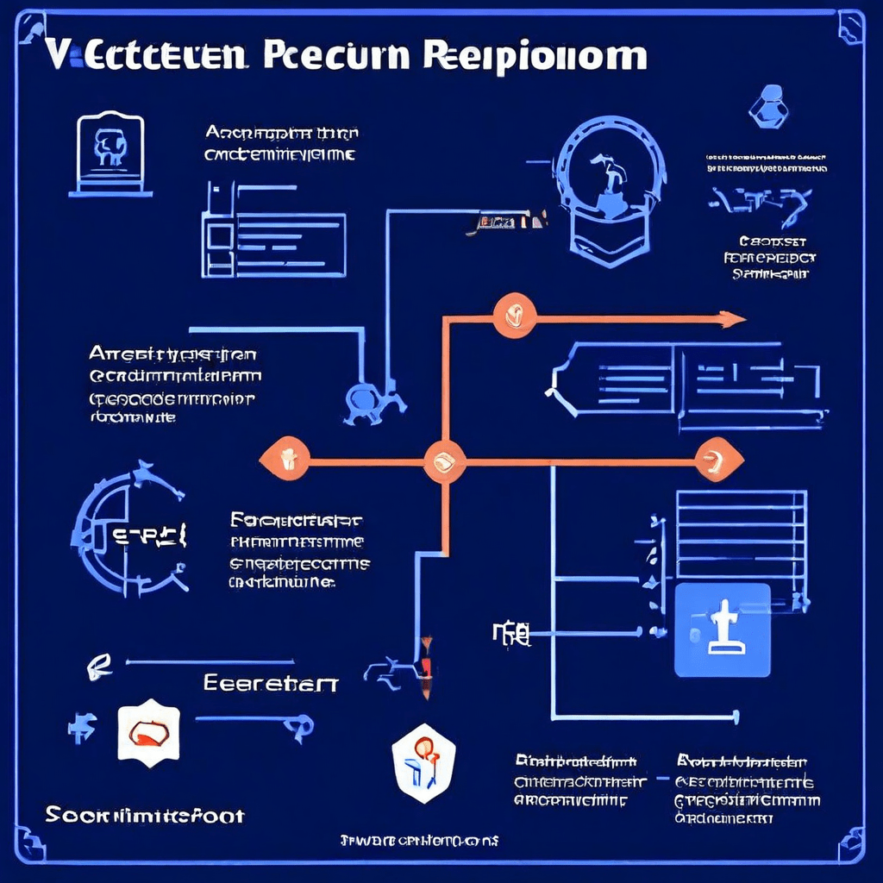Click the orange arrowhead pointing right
click(x=732, y=319)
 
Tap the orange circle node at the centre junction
click(x=445, y=460)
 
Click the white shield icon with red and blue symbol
click(x=423, y=761)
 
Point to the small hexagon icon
click(x=768, y=107)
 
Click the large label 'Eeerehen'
click(x=271, y=683)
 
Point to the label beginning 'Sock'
click(x=145, y=815)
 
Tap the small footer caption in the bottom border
click(x=419, y=839)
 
